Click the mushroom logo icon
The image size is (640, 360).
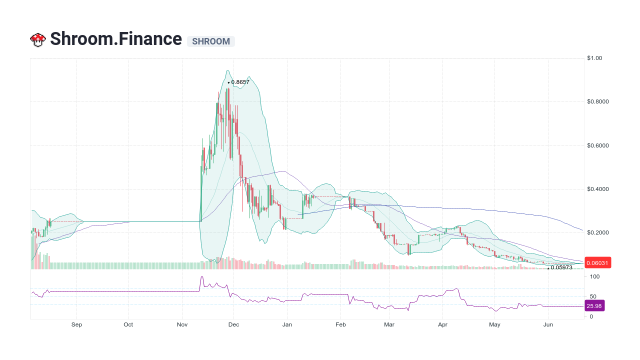coord(38,39)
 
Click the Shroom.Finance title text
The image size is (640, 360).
coord(116,39)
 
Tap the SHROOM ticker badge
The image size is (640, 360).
coord(211,41)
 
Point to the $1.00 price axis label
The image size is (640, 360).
coord(595,58)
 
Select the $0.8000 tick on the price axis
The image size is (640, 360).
coord(598,102)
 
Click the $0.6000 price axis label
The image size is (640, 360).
coord(598,145)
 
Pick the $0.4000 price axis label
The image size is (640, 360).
coord(598,189)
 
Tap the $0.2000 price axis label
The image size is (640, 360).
coord(598,233)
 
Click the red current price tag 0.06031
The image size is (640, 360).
coord(597,263)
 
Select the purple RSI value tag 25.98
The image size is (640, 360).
coord(594,305)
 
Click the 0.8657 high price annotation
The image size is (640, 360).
coord(240,82)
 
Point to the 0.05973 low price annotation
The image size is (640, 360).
coord(561,267)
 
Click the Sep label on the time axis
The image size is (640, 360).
coord(76,324)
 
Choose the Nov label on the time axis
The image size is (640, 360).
coord(182,324)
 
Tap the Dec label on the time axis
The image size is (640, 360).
coord(233,324)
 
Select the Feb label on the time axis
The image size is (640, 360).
coord(341,324)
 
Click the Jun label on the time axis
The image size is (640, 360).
coord(548,324)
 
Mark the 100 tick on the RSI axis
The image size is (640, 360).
coord(594,276)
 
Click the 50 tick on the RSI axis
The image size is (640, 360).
coord(593,296)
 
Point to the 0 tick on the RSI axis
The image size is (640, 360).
coord(591,316)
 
